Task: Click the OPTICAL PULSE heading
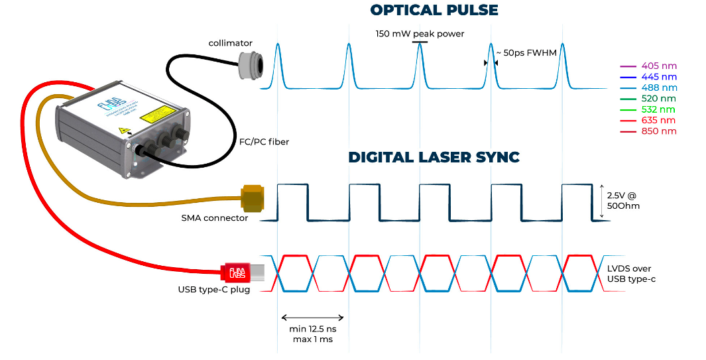pos(434,10)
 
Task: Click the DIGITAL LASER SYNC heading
pos(434,157)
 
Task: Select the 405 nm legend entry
pos(659,66)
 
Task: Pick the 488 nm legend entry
pos(659,88)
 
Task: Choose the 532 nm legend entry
pos(658,109)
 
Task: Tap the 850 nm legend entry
pos(659,131)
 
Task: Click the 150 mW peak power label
pos(420,33)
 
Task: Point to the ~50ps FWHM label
pos(530,52)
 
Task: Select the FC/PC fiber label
pos(264,141)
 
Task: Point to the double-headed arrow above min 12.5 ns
pos(313,317)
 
